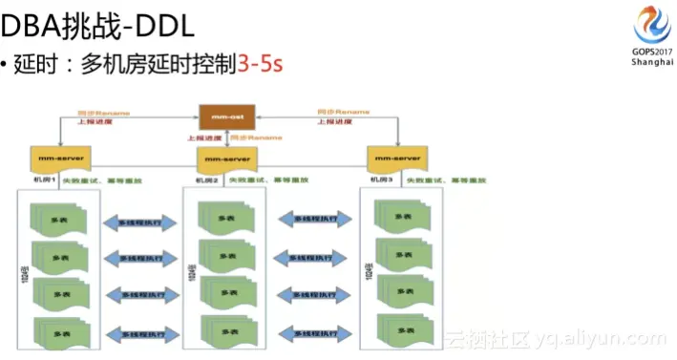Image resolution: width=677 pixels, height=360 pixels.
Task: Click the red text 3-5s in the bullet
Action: coord(261,65)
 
